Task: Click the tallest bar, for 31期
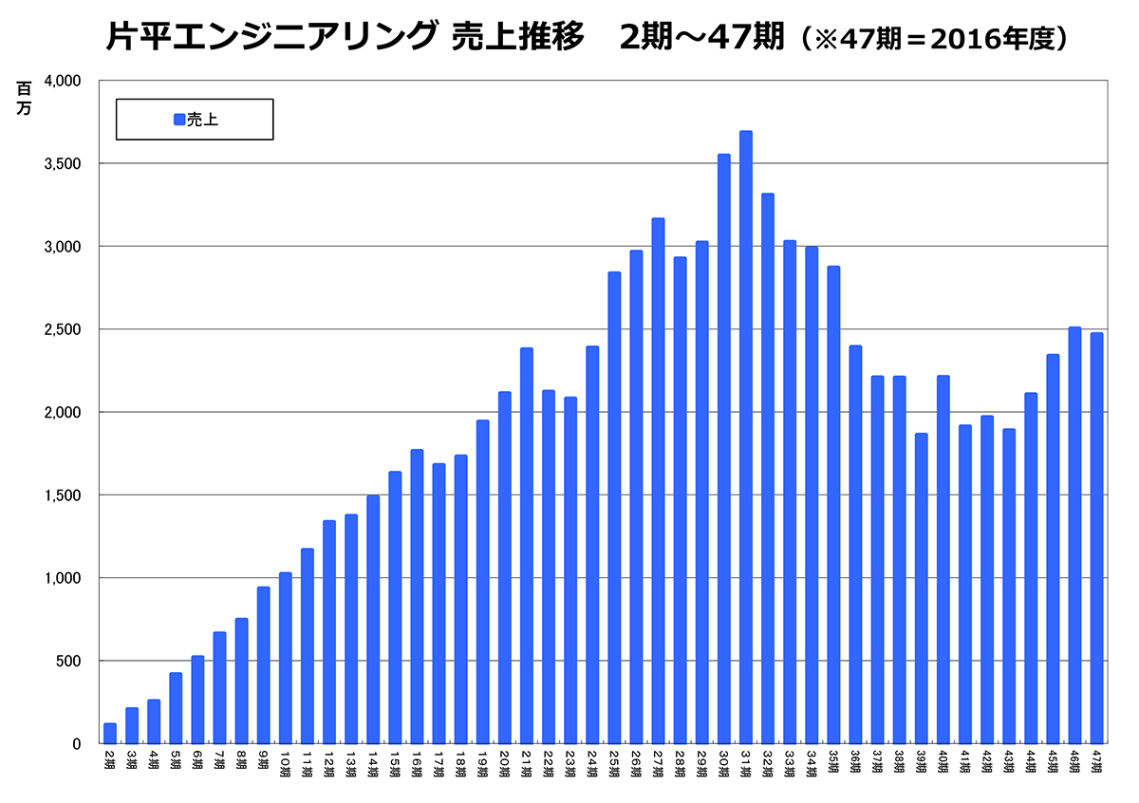(x=745, y=437)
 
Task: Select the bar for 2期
(x=110, y=734)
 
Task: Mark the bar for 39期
(x=921, y=588)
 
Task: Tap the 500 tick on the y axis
(x=70, y=661)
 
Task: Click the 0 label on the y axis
(x=78, y=744)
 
